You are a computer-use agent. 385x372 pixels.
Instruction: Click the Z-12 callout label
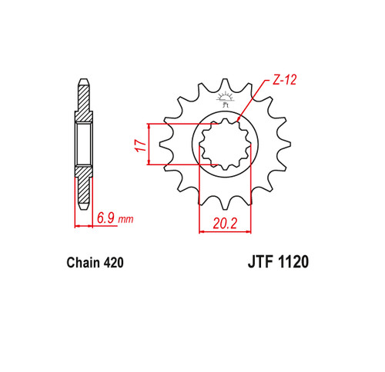(x=284, y=80)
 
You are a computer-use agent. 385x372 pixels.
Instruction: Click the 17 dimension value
(x=141, y=146)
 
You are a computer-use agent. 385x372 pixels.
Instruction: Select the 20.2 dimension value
(x=225, y=224)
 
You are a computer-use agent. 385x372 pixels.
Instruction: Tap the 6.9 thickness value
(x=105, y=218)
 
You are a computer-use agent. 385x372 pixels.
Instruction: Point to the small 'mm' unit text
(x=126, y=220)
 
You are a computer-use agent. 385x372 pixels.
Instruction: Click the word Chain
(x=83, y=262)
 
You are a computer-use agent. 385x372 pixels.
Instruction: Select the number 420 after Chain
(x=114, y=263)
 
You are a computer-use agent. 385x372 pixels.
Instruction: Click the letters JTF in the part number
(x=260, y=262)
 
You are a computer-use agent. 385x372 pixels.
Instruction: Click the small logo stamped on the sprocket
(x=225, y=99)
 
